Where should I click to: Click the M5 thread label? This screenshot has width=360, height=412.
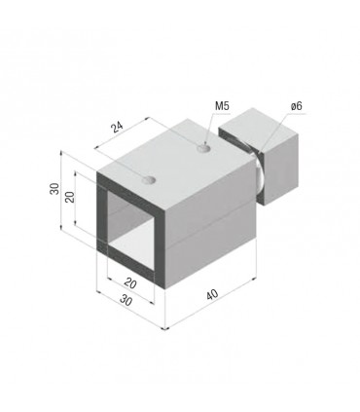coord(222,106)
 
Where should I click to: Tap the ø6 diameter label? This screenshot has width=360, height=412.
coord(297,106)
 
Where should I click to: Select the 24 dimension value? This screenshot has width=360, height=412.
coord(117,128)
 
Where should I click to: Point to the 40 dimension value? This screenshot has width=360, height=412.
coord(212,295)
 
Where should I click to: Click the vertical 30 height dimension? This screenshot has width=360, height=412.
coord(54,189)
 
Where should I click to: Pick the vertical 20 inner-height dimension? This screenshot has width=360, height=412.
coord(70,197)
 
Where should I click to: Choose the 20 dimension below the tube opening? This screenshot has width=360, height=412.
coord(130,283)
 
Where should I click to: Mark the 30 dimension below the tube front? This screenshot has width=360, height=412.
coord(126,301)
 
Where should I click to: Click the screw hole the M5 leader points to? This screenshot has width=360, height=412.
coord(203,149)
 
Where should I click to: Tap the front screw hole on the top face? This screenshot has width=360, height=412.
coord(150,180)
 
